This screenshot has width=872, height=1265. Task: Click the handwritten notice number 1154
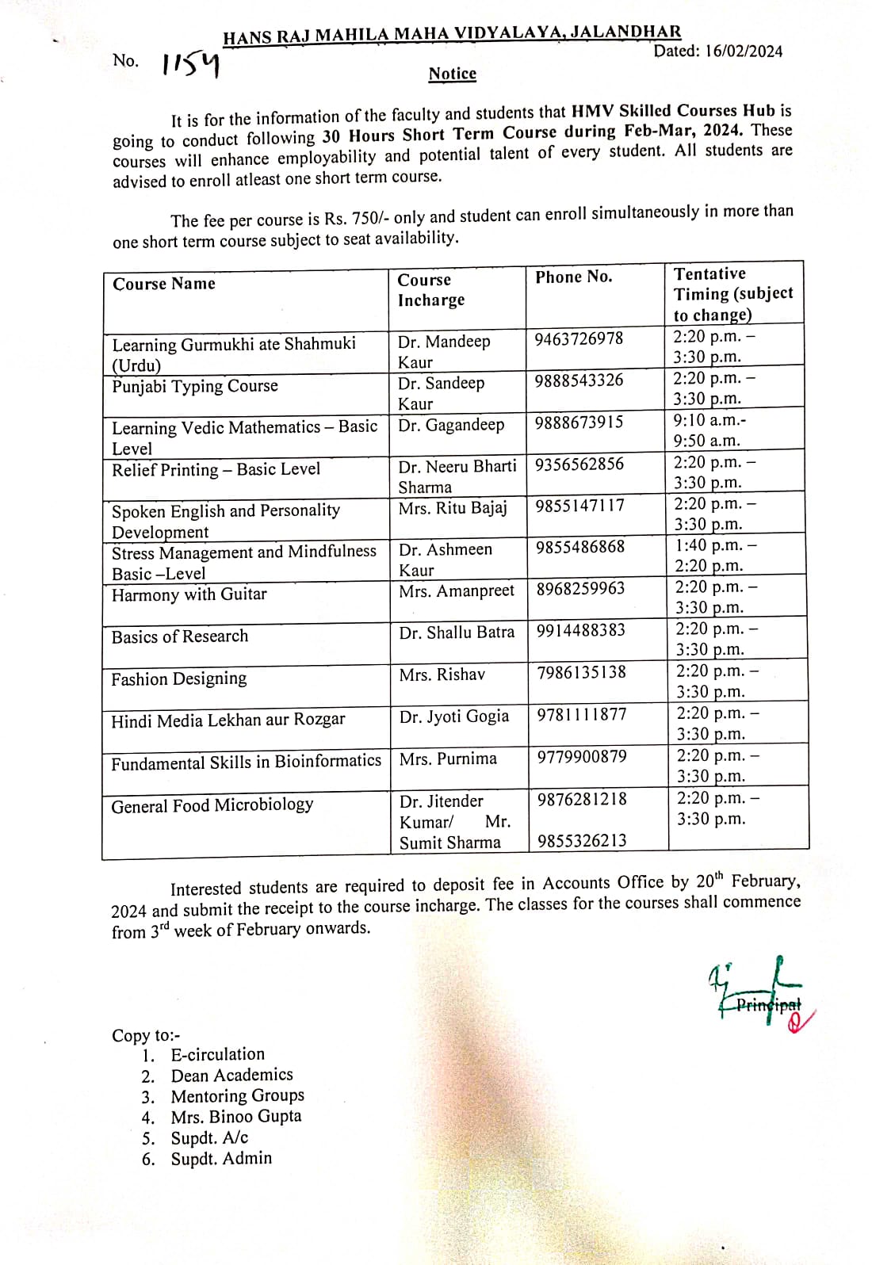[190, 64]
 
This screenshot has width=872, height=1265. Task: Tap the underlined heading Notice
[452, 74]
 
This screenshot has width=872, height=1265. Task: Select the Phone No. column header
[573, 277]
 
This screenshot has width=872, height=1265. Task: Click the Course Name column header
[164, 284]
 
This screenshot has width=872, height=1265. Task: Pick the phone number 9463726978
[579, 339]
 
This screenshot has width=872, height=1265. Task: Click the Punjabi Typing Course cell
[195, 386]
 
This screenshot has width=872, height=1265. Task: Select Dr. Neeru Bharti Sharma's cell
[457, 476]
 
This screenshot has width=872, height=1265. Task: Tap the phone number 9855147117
[579, 506]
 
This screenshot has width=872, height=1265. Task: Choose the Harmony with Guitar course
[189, 594]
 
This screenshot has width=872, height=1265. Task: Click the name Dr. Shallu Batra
[457, 632]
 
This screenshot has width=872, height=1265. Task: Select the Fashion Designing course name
[179, 678]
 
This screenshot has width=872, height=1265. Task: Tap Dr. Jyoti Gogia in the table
[454, 717]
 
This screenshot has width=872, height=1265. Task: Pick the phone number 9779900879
[582, 757]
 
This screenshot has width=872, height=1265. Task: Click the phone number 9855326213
[582, 840]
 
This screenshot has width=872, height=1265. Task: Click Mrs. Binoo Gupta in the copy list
[236, 1116]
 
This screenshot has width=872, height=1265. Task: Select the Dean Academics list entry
[231, 1075]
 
